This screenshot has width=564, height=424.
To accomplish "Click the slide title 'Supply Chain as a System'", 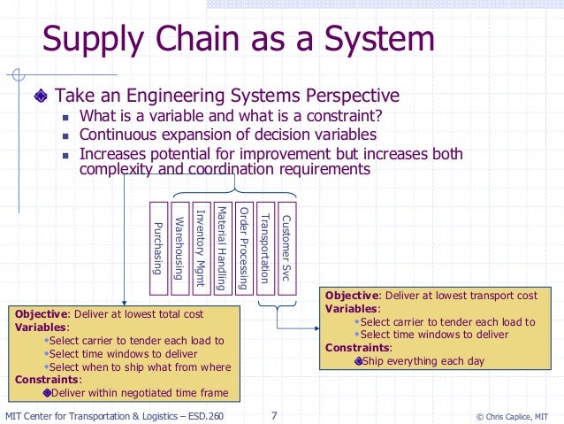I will click(239, 40).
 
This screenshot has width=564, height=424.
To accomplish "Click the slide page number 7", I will click(274, 413).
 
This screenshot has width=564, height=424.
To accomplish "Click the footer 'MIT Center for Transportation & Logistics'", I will click(114, 413).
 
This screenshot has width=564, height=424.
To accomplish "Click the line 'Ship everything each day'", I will click(422, 359).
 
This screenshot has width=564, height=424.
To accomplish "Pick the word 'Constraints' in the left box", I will click(40, 380).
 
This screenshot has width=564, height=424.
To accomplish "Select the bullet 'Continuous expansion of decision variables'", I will click(227, 135).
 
